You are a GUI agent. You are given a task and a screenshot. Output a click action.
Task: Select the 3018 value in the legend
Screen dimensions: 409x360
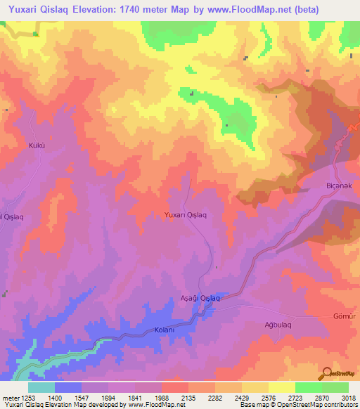click(348, 398)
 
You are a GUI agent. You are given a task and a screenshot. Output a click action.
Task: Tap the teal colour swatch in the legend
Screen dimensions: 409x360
click(41, 387)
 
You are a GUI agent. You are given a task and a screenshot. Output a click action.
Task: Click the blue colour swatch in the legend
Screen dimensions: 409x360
click(68, 387)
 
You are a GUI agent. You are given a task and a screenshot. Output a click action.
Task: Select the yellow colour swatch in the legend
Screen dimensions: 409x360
click(282, 387)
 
